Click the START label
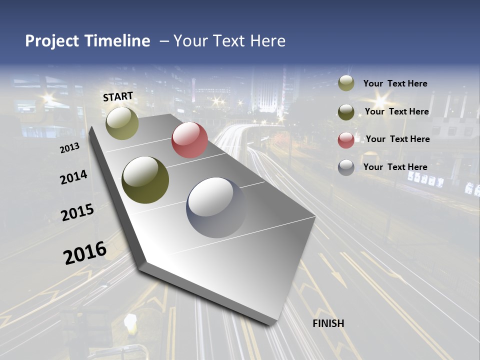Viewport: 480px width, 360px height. tap(118, 96)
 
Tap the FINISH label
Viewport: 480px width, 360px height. tap(328, 323)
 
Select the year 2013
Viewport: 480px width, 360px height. tap(69, 148)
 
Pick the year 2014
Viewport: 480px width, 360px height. tap(73, 177)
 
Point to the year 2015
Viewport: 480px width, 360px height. tap(77, 212)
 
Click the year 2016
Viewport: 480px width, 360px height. tap(85, 252)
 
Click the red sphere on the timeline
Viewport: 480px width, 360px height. tap(189, 140)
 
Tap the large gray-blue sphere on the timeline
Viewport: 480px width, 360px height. tap(216, 207)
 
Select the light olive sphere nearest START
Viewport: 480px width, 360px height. tap(122, 123)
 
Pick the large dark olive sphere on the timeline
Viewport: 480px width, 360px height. tap(145, 180)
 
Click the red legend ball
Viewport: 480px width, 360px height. tap(346, 140)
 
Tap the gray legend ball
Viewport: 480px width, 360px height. tap(346, 167)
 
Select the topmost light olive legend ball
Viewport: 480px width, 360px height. tap(346, 83)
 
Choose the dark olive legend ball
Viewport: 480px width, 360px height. tap(346, 112)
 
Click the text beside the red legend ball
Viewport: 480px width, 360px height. tap(397, 139)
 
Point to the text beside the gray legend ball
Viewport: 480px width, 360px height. tap(395, 167)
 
